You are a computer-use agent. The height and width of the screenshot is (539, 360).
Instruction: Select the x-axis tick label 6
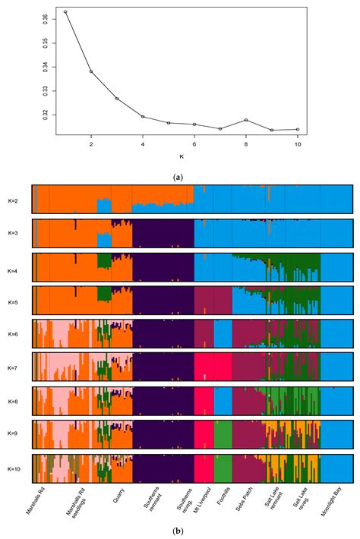click(x=194, y=144)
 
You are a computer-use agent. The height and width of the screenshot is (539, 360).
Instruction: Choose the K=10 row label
click(x=14, y=468)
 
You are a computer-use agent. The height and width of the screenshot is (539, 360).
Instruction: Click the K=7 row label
click(x=14, y=368)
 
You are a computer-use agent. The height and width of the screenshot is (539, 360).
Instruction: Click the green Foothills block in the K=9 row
click(x=223, y=433)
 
